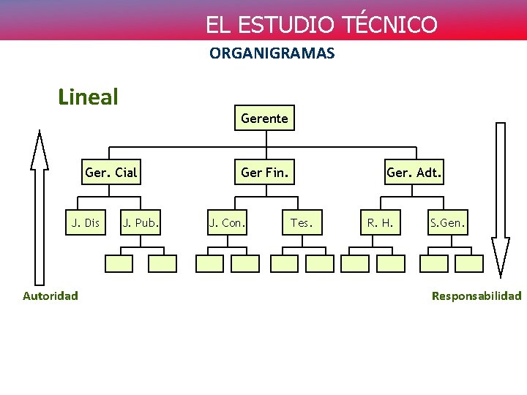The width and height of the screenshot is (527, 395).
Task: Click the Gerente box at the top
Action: (264, 118)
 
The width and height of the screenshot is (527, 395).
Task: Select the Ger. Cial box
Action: (111, 173)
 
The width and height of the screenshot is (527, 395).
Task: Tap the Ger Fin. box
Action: (264, 173)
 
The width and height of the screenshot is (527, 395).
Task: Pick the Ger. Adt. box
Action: (414, 173)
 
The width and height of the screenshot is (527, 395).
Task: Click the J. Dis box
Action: (85, 222)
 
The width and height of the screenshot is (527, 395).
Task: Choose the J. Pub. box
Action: (141, 222)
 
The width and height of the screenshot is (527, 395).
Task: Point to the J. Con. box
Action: (228, 222)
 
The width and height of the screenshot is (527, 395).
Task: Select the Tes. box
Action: (302, 222)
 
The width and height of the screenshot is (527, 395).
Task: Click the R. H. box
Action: (380, 222)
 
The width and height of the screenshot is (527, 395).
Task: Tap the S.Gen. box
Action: (446, 222)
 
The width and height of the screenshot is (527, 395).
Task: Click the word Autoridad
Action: (51, 296)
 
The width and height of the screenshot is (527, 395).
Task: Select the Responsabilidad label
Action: (476, 296)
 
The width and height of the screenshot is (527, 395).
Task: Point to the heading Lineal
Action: (88, 97)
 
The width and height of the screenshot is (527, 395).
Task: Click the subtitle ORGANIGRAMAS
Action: (272, 53)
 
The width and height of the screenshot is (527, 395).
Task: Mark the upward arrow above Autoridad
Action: (39, 205)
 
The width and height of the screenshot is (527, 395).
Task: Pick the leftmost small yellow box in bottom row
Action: (119, 263)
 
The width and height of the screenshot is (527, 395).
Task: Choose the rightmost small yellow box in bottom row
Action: (470, 263)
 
